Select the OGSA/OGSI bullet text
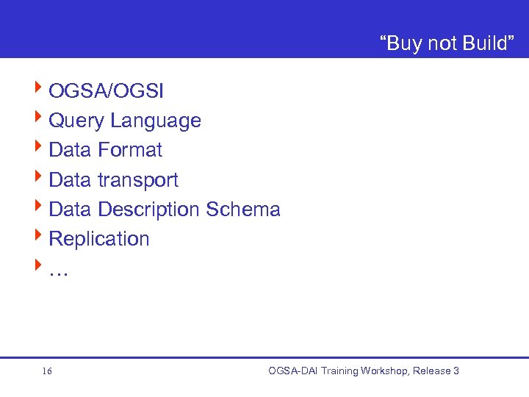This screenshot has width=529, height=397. pos(107,91)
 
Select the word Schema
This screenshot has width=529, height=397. pos(243,210)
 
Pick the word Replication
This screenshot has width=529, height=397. pos(98,239)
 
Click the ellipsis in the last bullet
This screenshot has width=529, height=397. pos(58,271)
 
